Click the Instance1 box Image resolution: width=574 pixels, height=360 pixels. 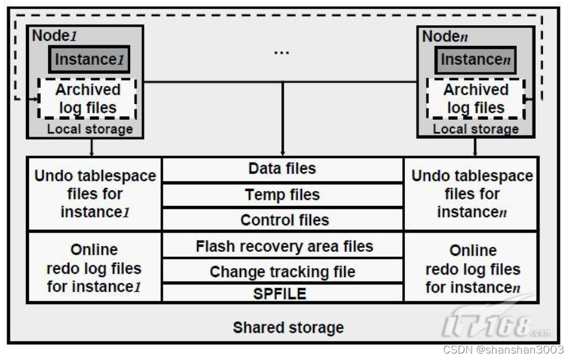(x=89, y=60)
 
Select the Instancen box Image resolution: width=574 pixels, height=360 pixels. (x=476, y=60)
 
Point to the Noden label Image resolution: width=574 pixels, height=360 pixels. (x=444, y=36)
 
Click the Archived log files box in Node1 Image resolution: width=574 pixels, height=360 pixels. (x=87, y=98)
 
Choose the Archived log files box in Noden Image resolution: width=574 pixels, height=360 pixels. (x=476, y=98)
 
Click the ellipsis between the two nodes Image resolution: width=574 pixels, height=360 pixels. (x=281, y=52)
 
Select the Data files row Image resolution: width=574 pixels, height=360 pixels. (x=282, y=169)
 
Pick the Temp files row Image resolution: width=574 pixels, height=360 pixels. (x=282, y=194)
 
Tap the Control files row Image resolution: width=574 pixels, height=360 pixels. (x=282, y=219)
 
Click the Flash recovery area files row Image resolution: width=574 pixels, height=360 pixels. (x=282, y=246)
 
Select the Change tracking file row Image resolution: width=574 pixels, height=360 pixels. (x=282, y=272)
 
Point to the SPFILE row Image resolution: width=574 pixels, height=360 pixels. (x=282, y=293)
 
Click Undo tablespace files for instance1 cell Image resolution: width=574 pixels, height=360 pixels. (x=95, y=194)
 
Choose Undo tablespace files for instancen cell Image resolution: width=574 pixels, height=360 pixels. (x=472, y=194)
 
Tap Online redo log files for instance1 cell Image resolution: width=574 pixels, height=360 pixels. (x=95, y=267)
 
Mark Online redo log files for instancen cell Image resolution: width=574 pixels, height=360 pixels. (x=472, y=268)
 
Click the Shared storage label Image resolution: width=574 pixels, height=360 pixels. (x=288, y=327)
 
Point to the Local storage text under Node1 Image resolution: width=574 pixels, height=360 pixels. (x=89, y=129)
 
